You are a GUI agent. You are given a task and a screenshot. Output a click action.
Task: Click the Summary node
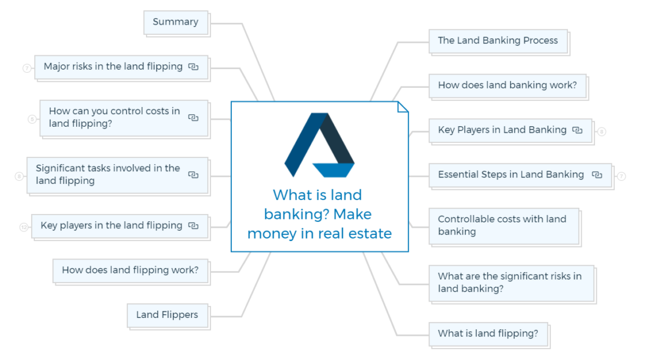point(175,22)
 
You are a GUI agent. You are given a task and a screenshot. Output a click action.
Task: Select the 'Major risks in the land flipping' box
point(113,67)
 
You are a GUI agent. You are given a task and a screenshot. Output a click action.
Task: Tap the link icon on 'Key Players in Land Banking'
point(577,130)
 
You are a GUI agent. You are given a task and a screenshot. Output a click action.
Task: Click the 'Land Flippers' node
point(167,315)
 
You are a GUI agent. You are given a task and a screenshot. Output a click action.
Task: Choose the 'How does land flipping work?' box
point(130,270)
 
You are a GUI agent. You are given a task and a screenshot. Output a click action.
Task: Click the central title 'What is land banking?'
point(319,214)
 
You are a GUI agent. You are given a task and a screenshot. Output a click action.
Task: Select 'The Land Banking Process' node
point(498,41)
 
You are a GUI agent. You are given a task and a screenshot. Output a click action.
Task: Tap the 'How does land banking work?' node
point(507,85)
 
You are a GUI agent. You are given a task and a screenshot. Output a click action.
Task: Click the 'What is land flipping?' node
point(488,334)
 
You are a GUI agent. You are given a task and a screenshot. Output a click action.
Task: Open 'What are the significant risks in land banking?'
point(510,282)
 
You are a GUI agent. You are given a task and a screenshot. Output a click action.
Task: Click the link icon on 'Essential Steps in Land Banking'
point(597,175)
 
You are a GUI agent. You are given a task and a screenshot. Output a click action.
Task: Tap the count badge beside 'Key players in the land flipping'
point(24,227)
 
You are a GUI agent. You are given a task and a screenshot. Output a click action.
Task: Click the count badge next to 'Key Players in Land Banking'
point(602,132)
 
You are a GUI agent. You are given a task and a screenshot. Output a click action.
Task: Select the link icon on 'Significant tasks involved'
point(193,175)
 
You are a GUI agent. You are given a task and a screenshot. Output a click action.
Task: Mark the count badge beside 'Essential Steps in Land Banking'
point(621,176)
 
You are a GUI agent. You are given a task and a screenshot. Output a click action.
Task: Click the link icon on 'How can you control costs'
point(193,118)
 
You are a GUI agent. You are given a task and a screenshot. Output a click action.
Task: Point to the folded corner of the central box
point(403,107)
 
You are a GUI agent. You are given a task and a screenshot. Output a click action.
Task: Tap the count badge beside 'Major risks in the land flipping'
point(27,68)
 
